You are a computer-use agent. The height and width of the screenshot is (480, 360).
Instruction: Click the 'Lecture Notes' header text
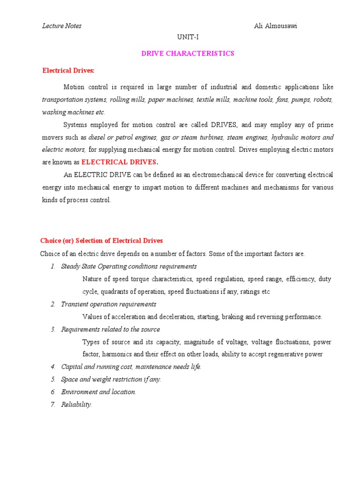coord(62,26)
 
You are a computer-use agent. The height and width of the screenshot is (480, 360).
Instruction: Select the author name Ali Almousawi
coord(275,26)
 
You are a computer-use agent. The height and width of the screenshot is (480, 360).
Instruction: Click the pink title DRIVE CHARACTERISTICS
coord(187,53)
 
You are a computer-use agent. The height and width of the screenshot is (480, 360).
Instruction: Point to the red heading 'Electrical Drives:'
coord(68,71)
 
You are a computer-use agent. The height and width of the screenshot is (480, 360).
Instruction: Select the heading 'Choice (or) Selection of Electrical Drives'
coord(102,241)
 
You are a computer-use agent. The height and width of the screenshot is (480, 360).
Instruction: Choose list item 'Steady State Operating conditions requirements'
coord(129,266)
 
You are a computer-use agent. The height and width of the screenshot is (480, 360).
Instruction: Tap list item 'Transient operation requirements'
coord(109,304)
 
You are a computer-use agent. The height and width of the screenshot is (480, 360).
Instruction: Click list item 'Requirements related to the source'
coord(111,330)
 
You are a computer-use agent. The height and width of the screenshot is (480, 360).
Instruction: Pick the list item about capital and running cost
coord(131,367)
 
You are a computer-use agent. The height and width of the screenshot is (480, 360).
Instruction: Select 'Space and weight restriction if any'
coord(111,380)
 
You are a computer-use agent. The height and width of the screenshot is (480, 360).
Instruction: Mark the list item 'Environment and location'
coord(98,392)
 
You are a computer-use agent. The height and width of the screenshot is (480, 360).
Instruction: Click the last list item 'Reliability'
coord(76,405)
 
